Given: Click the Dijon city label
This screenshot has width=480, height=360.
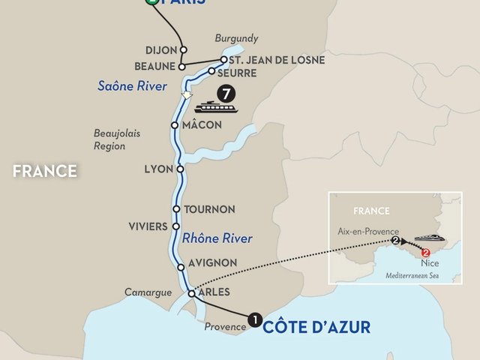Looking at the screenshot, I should tap(160, 51).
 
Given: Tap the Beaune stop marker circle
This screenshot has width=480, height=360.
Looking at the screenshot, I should tap(181, 66).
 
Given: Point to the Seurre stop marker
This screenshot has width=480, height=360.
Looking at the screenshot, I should tap(211, 73).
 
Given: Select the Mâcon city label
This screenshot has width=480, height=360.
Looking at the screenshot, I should tap(202, 125).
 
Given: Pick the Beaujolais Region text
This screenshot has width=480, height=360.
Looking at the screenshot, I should tap(109, 139).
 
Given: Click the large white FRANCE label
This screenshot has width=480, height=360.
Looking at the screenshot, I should tap(45, 172).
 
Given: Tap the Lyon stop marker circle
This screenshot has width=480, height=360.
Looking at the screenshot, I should tap(179, 169).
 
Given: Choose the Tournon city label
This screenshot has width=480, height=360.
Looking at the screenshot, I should tap(210, 209).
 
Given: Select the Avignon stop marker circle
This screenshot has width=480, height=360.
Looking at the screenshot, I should tap(181, 268).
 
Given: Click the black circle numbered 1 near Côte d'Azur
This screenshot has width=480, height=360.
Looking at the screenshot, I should tap(254, 320).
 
